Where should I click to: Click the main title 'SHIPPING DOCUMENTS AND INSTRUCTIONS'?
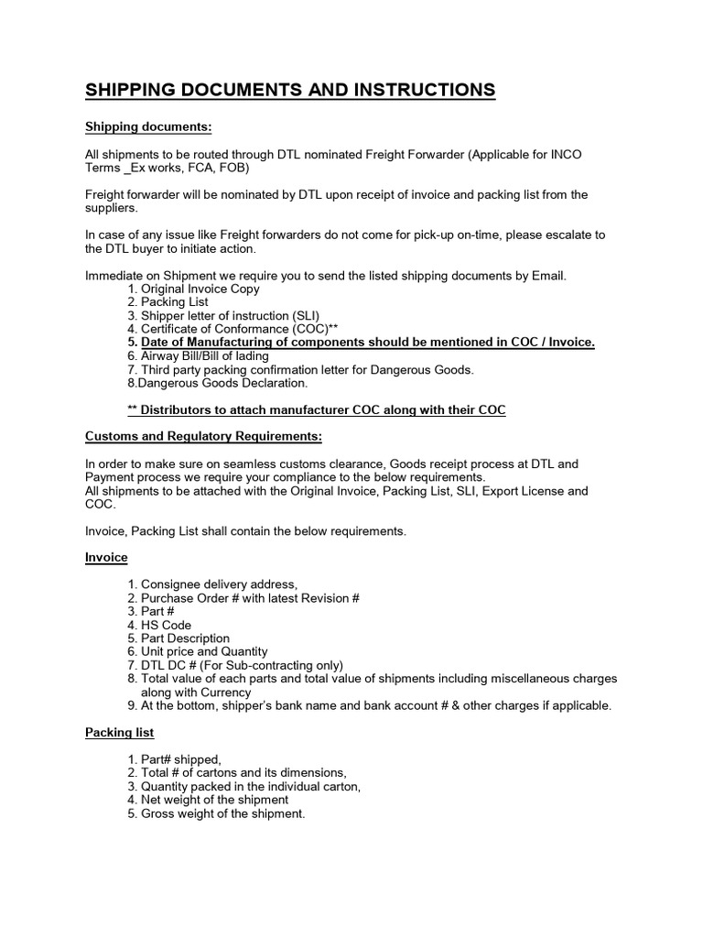290,90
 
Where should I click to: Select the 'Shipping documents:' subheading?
148,125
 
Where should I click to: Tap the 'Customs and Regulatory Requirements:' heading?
203,436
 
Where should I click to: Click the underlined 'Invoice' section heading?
106,557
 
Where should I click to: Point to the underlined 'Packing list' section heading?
119,732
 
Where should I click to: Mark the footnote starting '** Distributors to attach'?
316,409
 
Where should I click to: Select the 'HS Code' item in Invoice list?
166,625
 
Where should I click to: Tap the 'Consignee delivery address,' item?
218,584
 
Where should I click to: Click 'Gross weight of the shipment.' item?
222,813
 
